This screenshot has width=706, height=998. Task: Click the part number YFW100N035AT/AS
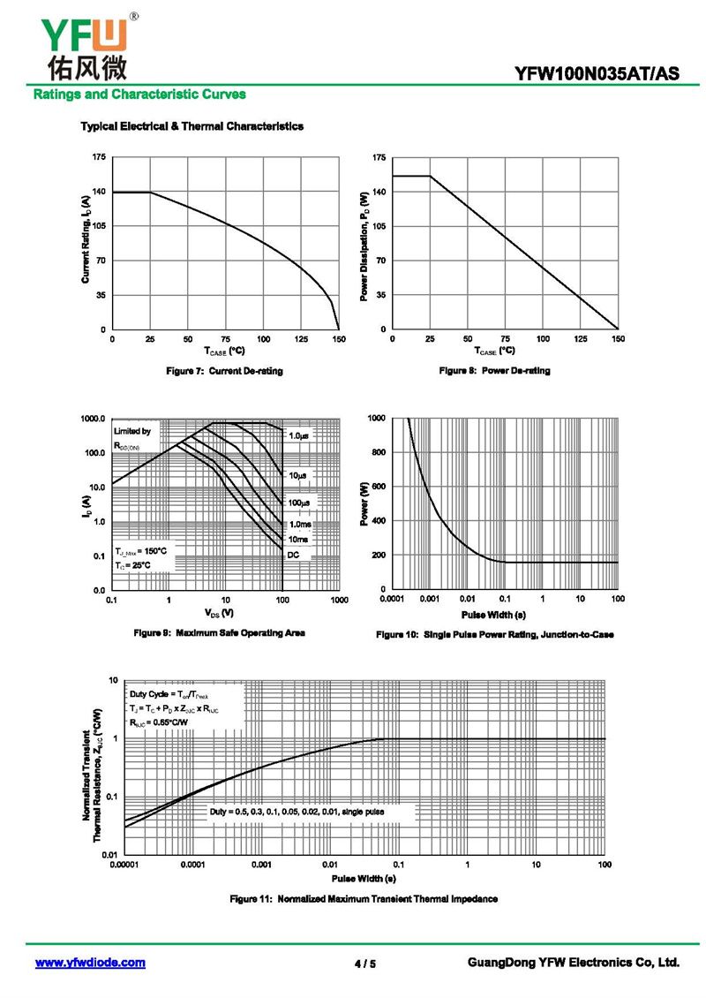point(597,74)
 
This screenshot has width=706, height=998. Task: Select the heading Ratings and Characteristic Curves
point(139,95)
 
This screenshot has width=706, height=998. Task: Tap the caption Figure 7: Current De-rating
point(225,371)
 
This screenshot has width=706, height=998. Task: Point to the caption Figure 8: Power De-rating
point(494,371)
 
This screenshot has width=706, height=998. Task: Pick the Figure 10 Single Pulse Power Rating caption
point(494,635)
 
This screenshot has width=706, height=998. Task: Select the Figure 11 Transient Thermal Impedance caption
point(364,899)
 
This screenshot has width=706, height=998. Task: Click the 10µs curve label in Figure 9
point(298,476)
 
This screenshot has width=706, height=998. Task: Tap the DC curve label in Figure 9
point(294,554)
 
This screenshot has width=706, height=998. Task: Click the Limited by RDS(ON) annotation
point(133,439)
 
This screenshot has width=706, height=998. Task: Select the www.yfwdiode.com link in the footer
point(90,963)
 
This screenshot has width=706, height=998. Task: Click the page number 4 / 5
point(364,964)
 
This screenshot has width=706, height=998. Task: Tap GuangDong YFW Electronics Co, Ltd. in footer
point(573,963)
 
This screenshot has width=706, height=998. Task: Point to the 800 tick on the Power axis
point(376,452)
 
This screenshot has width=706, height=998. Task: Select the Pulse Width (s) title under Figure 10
point(494,614)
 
